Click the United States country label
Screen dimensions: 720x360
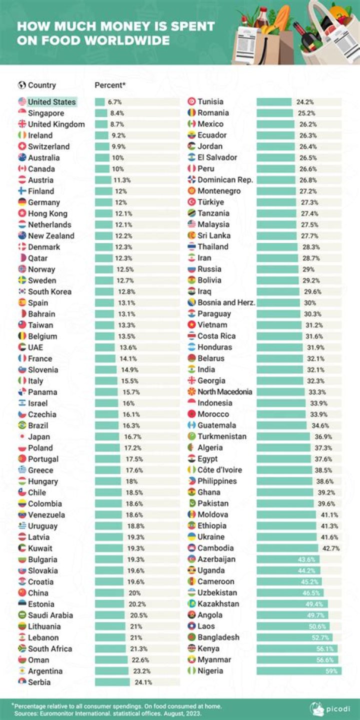point(51,102)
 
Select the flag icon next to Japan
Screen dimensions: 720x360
point(22,436)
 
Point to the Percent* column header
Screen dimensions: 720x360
point(110,85)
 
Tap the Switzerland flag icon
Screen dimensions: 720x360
point(22,146)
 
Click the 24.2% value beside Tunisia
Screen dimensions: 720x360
point(305,102)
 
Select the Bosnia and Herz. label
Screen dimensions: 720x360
point(226,302)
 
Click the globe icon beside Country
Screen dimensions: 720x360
point(21,85)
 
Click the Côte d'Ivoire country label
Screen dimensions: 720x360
point(219,470)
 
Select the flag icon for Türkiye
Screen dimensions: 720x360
point(191,202)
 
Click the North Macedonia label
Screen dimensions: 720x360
point(224,392)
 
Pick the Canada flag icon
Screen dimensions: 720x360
point(22,169)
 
